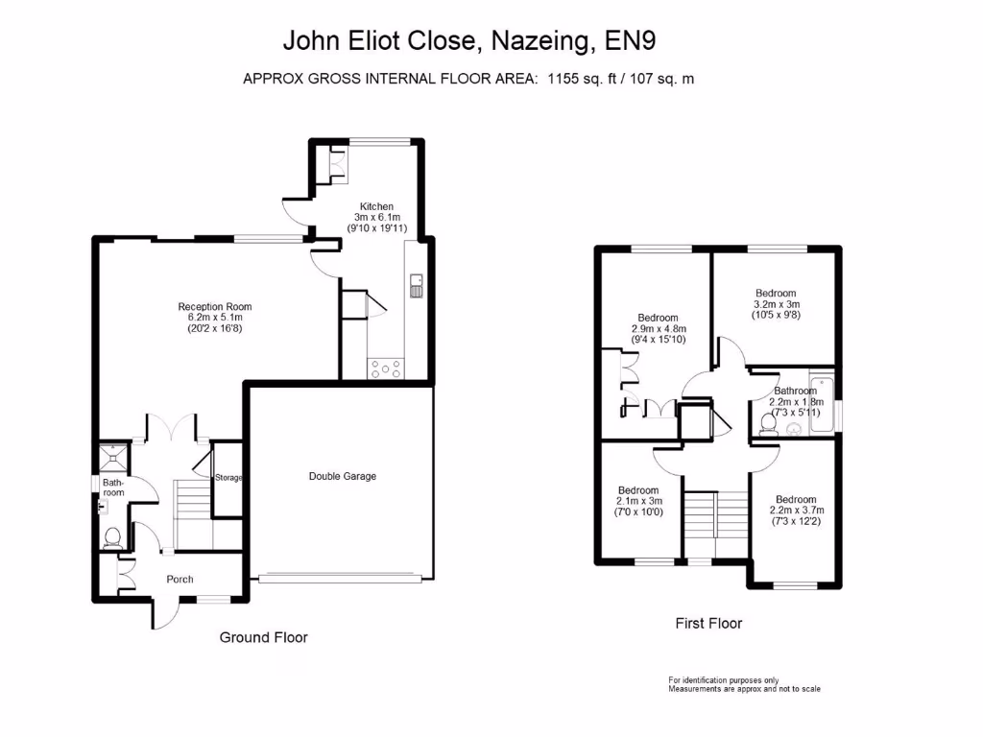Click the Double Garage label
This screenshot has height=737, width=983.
342,476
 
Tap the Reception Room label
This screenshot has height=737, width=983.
215,307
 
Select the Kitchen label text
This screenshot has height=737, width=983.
376,206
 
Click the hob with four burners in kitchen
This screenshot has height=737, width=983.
386,366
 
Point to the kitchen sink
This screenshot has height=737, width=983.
417,285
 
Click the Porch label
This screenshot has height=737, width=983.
180,579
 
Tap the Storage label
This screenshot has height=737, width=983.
228,478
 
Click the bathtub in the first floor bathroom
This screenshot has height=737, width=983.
822,404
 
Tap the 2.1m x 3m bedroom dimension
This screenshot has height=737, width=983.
639,500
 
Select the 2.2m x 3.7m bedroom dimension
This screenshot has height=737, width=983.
796,511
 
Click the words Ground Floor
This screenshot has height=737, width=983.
264,637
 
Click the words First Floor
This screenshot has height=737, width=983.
708,623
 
